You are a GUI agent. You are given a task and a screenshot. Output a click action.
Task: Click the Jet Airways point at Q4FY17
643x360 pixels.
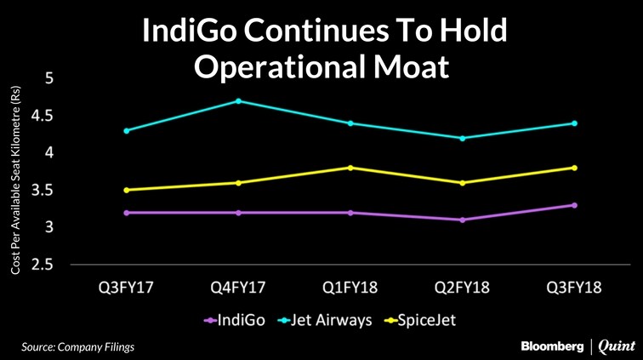click(x=239, y=101)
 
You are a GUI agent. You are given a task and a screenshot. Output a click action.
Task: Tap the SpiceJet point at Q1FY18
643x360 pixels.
click(x=350, y=168)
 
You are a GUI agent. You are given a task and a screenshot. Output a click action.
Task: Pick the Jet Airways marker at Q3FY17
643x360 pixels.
click(x=127, y=131)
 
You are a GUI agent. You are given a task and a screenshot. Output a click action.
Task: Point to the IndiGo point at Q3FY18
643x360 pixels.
click(x=575, y=205)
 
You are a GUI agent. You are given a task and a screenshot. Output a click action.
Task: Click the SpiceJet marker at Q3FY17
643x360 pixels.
click(x=127, y=190)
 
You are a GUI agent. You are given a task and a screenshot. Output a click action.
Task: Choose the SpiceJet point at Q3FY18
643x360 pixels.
click(x=575, y=168)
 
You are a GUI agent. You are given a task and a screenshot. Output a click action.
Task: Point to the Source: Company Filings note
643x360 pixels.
click(x=78, y=346)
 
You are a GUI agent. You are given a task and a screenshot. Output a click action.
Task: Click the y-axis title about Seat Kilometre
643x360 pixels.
click(x=15, y=179)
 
